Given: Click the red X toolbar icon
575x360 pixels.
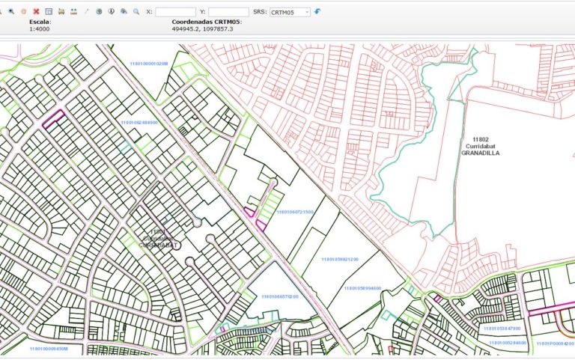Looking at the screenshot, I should (36, 12).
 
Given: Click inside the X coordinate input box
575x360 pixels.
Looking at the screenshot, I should (176, 12).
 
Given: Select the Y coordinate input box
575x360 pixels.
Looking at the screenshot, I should (228, 12).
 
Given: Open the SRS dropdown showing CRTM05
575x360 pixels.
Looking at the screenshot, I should (290, 12).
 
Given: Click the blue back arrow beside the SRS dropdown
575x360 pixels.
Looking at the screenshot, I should (317, 12).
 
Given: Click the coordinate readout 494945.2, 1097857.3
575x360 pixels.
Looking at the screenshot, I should (203, 28).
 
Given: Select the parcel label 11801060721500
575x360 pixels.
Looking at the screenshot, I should (295, 212).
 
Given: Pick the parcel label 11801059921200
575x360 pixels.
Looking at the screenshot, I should (340, 259).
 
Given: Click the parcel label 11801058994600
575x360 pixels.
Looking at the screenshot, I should (362, 287).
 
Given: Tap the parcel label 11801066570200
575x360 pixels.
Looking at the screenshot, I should (280, 296).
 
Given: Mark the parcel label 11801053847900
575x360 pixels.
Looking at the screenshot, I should (502, 328).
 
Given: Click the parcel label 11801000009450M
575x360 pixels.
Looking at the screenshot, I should (49, 348).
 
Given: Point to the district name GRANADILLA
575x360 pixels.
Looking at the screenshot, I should (481, 153).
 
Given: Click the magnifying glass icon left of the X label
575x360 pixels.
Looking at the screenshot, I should (136, 12).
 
